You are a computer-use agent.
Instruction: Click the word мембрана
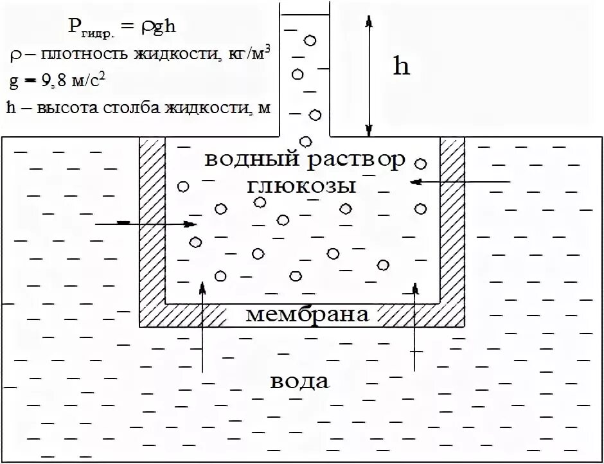pyautogui.click(x=308, y=315)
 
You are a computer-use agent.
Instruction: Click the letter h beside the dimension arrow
pyautogui.click(x=402, y=66)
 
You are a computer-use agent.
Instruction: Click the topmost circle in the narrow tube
pyautogui.click(x=310, y=40)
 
